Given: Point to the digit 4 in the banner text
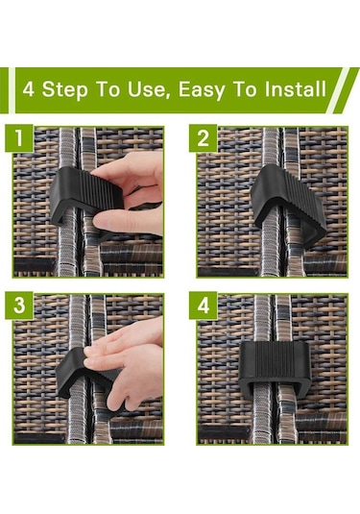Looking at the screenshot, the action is point(29,89).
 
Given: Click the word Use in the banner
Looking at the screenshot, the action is point(149,89).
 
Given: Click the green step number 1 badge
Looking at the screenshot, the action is point(19,138).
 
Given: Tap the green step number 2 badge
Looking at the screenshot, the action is point(204,138).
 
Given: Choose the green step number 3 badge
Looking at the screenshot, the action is point(19,306).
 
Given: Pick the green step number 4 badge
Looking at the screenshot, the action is point(204,306).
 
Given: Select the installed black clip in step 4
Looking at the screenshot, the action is point(275,369).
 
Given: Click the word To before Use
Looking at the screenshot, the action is point(108,88).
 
